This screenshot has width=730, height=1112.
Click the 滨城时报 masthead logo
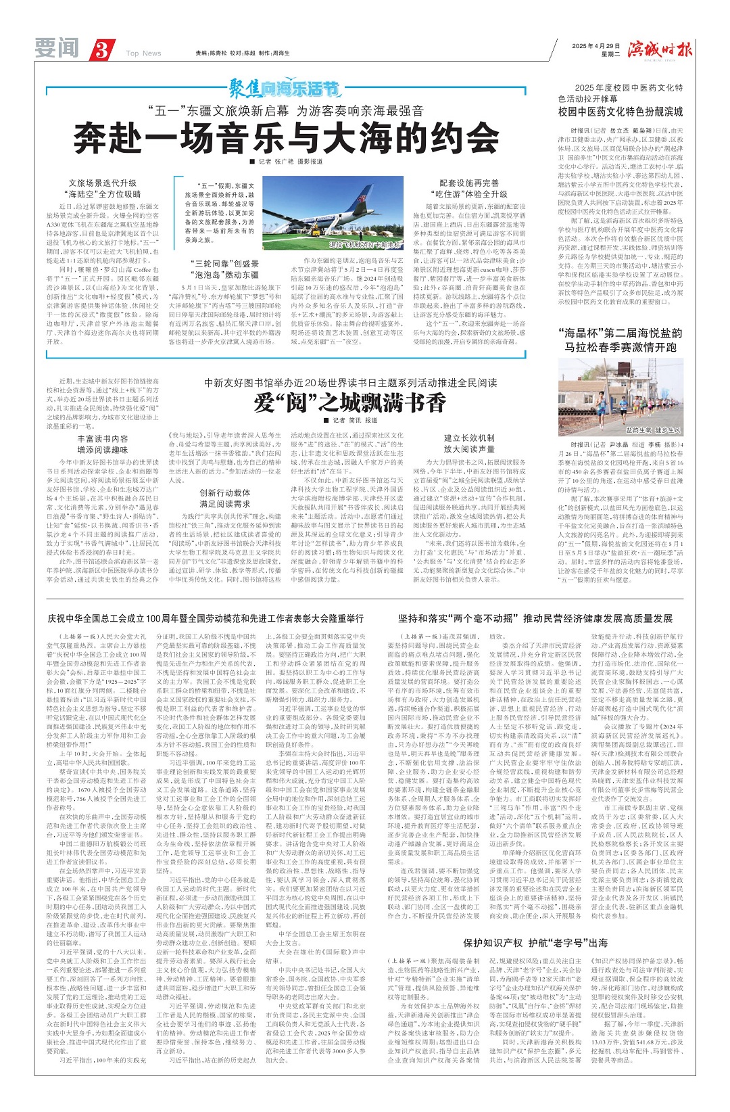click(660, 49)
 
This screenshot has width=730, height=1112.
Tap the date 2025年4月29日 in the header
click(595, 46)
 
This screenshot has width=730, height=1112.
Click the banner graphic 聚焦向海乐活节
click(284, 89)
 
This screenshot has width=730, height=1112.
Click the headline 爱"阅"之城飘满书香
click(350, 402)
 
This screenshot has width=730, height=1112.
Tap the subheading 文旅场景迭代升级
click(103, 183)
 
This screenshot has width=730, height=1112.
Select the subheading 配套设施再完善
click(469, 183)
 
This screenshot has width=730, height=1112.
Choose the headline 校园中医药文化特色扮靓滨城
click(620, 112)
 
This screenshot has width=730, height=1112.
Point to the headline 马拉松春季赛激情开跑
click(620, 347)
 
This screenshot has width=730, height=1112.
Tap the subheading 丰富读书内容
click(103, 438)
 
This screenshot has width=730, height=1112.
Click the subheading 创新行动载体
click(224, 492)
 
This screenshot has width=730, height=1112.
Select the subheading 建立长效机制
click(469, 438)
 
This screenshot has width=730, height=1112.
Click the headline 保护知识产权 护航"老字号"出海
click(535, 942)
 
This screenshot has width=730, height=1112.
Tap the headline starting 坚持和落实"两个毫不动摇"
click(535, 618)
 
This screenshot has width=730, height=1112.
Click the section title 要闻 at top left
click(57, 49)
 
